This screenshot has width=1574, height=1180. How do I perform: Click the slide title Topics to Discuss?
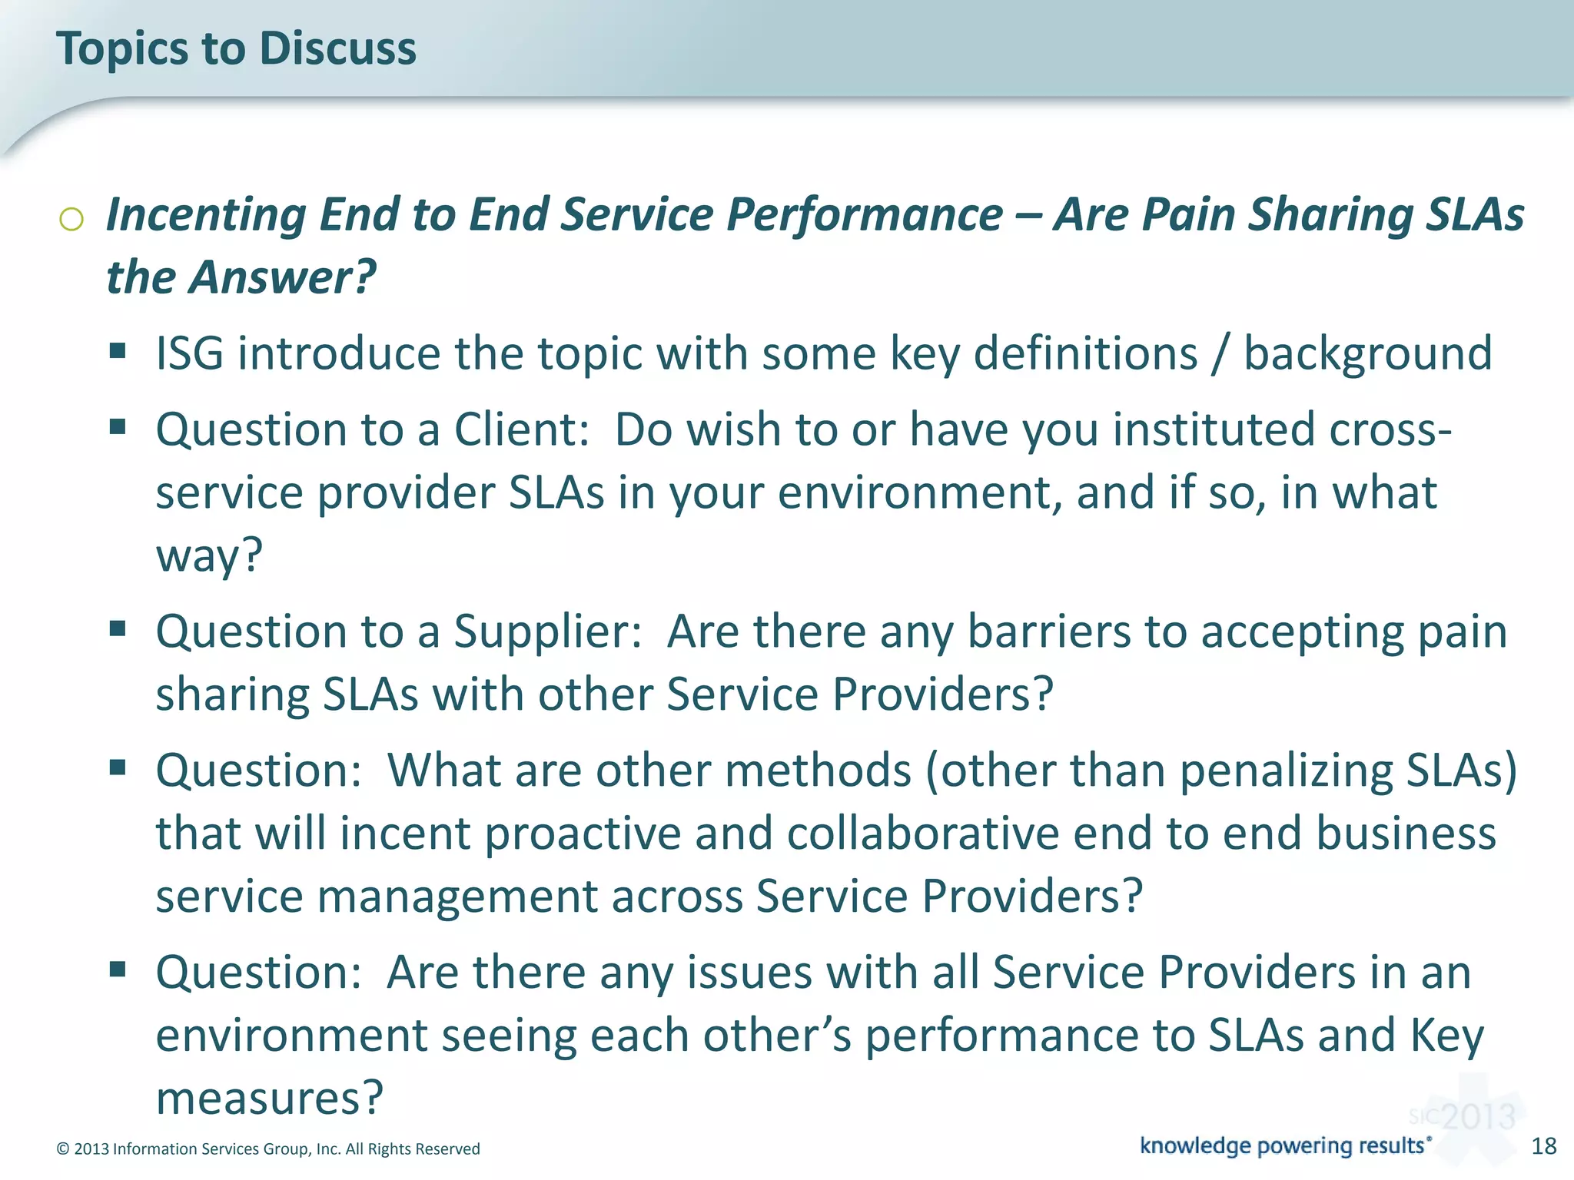[236, 48]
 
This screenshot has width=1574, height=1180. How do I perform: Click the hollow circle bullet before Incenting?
[71, 220]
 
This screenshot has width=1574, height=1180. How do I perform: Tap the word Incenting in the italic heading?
[206, 214]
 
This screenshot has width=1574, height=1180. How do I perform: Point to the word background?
[1367, 353]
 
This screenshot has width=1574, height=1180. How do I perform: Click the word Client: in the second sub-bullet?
[521, 429]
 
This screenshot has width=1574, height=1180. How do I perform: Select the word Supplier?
[547, 631]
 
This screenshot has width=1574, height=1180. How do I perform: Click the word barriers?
[1048, 631]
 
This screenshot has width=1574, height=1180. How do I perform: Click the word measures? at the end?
[269, 1098]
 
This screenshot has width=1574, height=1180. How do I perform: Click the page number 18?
[1543, 1146]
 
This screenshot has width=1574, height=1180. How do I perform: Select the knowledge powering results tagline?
[1284, 1145]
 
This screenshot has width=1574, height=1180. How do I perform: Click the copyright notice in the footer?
[268, 1149]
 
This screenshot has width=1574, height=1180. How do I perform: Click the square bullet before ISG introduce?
[118, 352]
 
